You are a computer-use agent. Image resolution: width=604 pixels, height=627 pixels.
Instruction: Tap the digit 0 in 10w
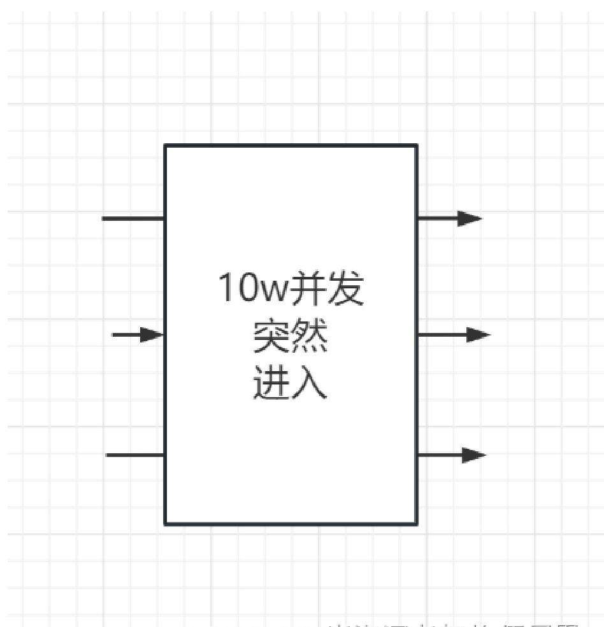[245, 288]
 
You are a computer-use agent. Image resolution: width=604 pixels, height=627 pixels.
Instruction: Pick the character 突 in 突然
[272, 337]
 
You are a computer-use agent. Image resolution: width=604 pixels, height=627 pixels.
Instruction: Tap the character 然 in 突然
[309, 337]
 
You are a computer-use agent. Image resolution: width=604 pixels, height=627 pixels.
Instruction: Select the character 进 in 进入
[272, 383]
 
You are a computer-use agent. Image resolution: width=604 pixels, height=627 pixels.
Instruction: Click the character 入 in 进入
[309, 383]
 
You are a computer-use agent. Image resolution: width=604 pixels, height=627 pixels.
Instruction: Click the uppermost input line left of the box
[133, 218]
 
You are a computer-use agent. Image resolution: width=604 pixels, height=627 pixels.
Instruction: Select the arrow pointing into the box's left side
[138, 334]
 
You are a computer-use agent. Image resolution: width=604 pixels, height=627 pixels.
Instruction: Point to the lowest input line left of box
[135, 455]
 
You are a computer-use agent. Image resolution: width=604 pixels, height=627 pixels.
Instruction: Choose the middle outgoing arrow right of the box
[454, 334]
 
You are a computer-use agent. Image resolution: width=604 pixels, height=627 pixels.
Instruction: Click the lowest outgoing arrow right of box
[451, 455]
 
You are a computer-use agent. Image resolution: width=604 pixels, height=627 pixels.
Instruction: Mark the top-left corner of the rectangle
[166, 146]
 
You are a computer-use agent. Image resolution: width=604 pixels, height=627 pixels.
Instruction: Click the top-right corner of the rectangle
[417, 146]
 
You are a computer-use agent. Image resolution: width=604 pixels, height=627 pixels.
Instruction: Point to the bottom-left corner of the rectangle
[166, 524]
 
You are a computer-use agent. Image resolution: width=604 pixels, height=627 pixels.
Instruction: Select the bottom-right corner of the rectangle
[417, 524]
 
